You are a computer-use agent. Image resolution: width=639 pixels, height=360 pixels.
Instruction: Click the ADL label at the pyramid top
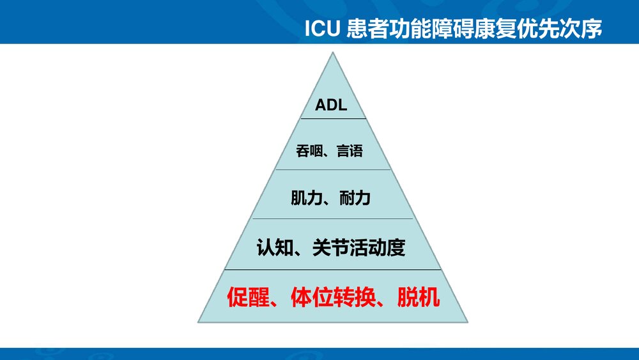click(331, 105)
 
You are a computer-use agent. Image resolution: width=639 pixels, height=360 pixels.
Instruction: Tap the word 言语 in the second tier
click(350, 152)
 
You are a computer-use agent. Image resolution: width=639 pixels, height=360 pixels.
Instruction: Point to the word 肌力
click(304, 198)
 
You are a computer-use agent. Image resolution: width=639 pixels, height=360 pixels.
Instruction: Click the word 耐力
click(355, 198)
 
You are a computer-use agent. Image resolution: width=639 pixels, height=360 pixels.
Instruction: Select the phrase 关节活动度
click(359, 247)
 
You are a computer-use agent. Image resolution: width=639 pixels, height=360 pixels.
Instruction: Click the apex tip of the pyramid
click(332, 53)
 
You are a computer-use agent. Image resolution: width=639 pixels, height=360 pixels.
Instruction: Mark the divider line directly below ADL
click(332, 119)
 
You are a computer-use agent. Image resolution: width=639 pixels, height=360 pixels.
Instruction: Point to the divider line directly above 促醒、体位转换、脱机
click(332, 270)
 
